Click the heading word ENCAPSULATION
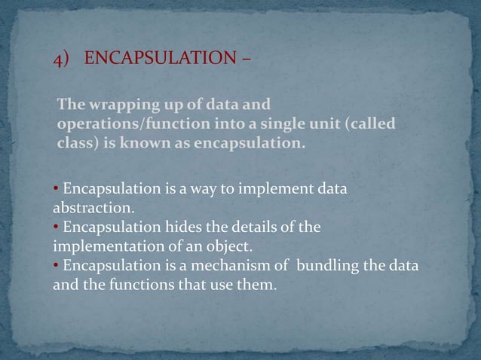click(x=158, y=59)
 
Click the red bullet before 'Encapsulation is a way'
click(x=57, y=188)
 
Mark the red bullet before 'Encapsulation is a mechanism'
click(x=57, y=266)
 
